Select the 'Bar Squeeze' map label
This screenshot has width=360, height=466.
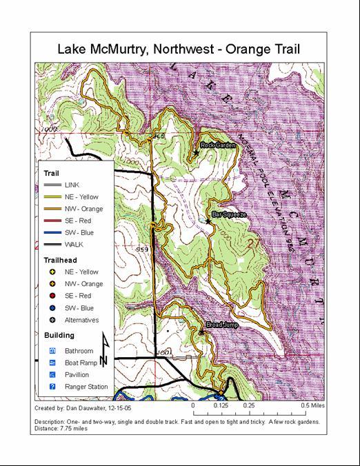pyautogui.click(x=228, y=215)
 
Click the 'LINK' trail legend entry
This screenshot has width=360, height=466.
pyautogui.click(x=72, y=185)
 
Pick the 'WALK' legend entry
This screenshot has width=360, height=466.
pyautogui.click(x=74, y=244)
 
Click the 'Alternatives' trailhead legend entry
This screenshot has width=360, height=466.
pyautogui.click(x=81, y=320)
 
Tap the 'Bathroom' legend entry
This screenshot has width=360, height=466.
pyautogui.click(x=79, y=351)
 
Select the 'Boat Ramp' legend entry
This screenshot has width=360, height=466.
pyautogui.click(x=81, y=363)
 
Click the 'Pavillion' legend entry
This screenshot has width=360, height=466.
pyautogui.click(x=77, y=374)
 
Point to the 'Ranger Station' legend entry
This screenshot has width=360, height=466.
pyautogui.click(x=86, y=387)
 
